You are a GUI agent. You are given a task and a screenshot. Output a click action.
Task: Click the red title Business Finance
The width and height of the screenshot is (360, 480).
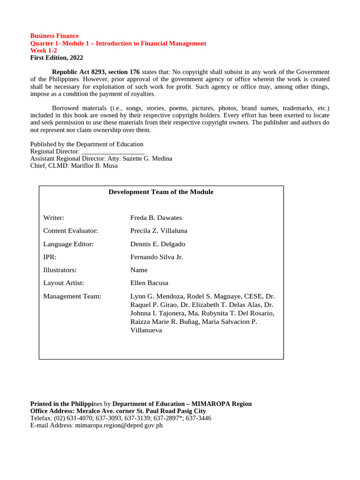(54, 36)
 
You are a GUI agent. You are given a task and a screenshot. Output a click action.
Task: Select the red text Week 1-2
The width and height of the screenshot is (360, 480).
(44, 51)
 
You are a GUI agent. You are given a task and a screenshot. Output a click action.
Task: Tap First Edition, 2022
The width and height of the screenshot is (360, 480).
(57, 58)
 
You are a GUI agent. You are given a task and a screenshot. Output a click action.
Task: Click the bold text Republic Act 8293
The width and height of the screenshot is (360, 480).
(79, 72)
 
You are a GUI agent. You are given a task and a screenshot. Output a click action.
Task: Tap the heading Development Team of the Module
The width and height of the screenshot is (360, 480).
(161, 192)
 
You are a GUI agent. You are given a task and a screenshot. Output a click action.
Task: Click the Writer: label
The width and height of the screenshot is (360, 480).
(53, 218)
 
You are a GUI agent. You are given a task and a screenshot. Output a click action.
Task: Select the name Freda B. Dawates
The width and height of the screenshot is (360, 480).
(156, 218)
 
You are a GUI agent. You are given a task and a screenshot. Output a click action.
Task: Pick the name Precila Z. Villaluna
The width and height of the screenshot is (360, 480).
(158, 231)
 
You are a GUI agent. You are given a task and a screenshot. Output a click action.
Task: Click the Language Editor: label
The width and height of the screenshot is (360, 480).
(68, 244)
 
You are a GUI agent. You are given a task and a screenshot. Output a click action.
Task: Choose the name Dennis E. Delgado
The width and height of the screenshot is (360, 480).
(157, 244)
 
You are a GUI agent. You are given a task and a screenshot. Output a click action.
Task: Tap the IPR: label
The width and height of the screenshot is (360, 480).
(50, 257)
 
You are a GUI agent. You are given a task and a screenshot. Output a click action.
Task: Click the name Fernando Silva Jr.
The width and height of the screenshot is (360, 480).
(157, 257)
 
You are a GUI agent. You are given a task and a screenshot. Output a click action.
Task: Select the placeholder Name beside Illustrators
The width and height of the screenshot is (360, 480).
(139, 270)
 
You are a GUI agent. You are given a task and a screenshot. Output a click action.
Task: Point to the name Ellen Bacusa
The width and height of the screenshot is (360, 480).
(149, 283)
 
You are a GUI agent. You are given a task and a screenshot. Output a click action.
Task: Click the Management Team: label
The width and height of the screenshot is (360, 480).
(72, 296)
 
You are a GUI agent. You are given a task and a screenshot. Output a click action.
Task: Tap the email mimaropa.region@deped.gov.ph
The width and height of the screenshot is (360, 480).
(119, 426)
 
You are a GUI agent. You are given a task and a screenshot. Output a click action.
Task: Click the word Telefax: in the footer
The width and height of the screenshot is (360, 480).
(41, 418)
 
